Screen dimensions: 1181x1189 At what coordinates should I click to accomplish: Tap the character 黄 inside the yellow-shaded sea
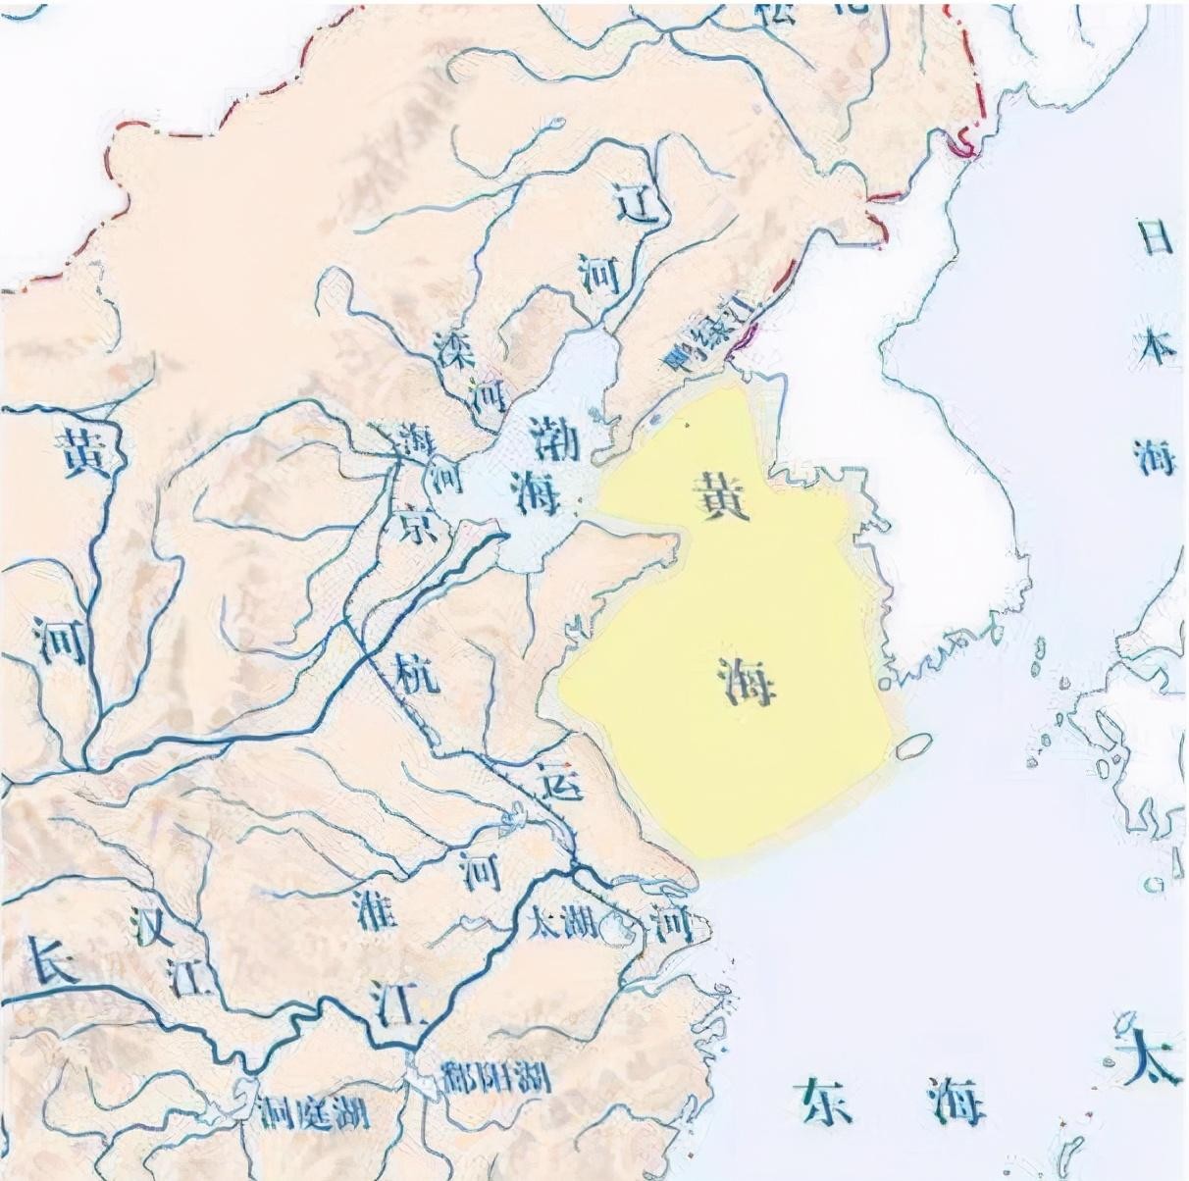721,494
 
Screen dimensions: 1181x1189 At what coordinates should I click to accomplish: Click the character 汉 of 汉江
154,923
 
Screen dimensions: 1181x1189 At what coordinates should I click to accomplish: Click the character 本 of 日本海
1154,347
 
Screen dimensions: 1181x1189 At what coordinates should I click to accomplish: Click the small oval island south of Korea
913,746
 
